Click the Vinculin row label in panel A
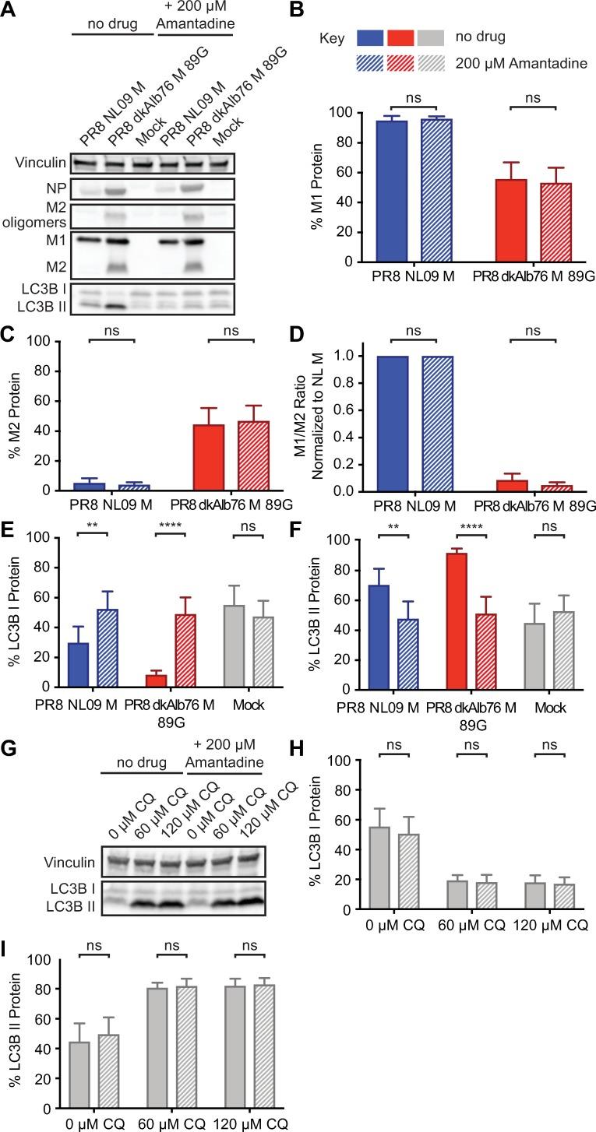tap(37, 163)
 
